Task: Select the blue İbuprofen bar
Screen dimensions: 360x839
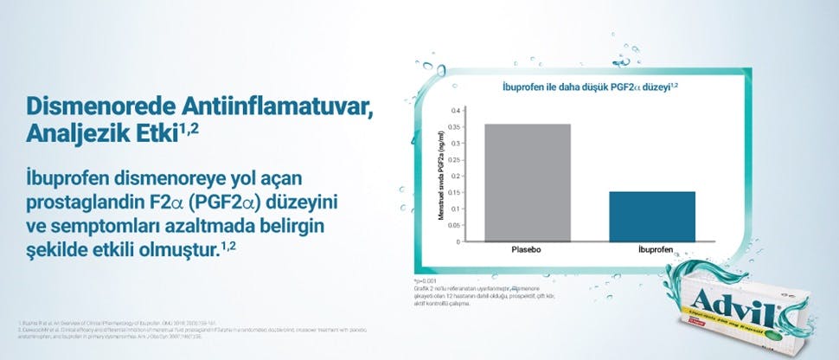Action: click(663, 216)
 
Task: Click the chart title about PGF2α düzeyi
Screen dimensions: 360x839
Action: click(590, 87)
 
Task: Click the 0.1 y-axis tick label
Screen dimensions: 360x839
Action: click(455, 209)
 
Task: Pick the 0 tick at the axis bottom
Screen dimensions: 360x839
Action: click(458, 241)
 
